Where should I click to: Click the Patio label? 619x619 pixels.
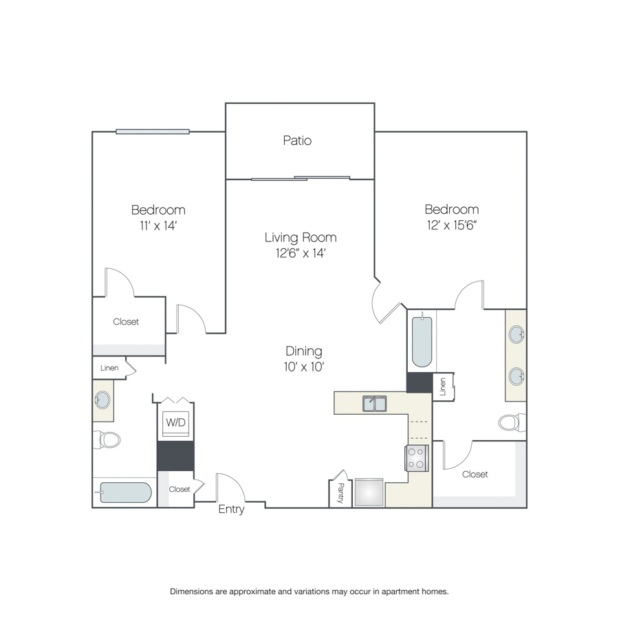297,140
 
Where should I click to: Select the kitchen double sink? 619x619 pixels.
375,404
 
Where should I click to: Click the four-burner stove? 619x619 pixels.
417,458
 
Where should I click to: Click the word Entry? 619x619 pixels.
231,509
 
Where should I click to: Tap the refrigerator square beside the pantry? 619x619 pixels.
369,492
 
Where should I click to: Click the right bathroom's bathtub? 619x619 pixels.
422,341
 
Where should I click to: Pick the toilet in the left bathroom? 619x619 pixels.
107,439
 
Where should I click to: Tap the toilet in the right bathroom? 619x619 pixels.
512,422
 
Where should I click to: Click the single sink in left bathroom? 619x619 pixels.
102,400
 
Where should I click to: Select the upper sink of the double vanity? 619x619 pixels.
517,335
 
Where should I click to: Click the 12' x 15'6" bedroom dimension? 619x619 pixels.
452,226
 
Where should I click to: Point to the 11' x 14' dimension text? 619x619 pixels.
158,226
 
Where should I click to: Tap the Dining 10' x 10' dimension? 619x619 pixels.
303,367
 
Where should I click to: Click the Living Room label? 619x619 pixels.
301,237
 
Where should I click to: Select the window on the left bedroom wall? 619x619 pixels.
153,132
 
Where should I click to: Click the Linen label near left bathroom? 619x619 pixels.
109,368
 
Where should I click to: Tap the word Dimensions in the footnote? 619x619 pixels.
191,591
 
